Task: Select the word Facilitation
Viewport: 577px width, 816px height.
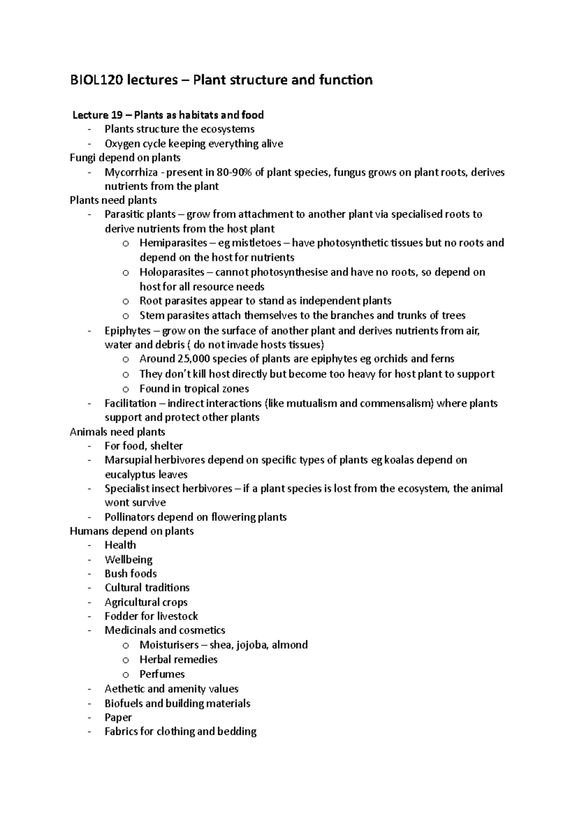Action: [130, 403]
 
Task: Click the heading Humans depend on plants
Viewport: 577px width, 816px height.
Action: [132, 531]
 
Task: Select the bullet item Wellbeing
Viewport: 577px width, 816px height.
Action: [128, 559]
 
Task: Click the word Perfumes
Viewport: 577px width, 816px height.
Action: [162, 674]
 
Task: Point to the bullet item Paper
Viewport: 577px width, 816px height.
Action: [118, 717]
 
